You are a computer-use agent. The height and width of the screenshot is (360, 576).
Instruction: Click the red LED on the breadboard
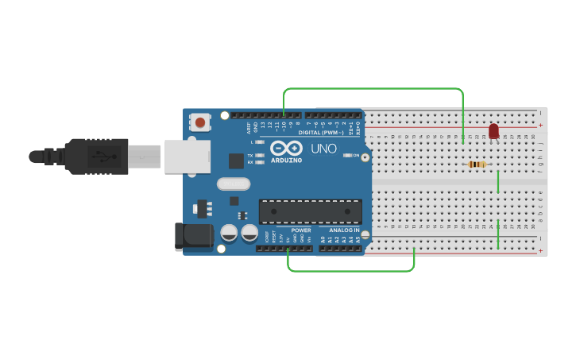tap(493, 130)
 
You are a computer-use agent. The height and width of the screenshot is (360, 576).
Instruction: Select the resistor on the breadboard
tap(477, 165)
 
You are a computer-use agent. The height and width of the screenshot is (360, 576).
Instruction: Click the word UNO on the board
tap(323, 149)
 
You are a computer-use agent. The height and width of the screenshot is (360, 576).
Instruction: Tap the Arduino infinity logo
tap(286, 148)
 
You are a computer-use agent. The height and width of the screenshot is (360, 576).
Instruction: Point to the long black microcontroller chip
tap(310, 211)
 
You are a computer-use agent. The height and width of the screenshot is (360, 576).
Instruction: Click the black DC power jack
tap(194, 235)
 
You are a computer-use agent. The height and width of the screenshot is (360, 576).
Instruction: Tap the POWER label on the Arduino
tap(301, 230)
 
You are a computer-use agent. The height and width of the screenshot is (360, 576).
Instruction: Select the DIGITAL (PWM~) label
tap(320, 133)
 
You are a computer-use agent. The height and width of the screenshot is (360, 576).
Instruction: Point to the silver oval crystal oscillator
tap(233, 184)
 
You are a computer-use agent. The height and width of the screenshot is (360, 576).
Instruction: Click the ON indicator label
tap(356, 155)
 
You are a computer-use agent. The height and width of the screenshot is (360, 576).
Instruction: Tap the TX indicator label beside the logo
tap(250, 155)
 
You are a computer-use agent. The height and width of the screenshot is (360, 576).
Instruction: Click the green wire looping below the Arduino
tap(350, 271)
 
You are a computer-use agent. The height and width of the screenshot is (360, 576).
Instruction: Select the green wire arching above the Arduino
tap(373, 88)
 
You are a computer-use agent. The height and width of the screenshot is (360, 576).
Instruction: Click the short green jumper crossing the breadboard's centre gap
tap(498, 181)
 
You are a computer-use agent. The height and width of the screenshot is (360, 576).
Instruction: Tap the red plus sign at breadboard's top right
tap(541, 125)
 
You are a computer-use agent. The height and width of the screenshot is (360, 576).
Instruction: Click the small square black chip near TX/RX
tap(236, 161)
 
